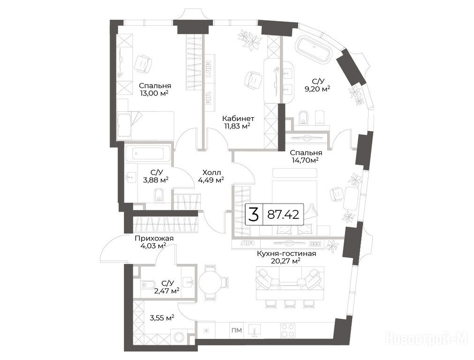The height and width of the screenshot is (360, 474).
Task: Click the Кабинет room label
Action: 238,119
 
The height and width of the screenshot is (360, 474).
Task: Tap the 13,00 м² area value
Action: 154,93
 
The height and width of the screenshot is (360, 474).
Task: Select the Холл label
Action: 211,172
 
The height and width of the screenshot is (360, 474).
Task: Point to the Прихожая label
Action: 154,239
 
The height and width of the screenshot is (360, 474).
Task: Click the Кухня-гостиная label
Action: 286,254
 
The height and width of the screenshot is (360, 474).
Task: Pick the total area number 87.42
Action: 284,215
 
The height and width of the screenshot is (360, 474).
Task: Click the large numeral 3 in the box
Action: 254,215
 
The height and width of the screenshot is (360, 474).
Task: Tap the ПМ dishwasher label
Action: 237,330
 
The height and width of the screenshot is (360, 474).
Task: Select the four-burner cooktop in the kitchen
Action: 288,330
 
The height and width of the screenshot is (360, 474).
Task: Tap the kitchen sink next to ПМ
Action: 256,330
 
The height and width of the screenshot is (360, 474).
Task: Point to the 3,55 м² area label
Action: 162,318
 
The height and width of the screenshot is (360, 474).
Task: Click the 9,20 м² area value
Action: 317,89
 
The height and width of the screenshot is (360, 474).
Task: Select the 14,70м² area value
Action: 305,160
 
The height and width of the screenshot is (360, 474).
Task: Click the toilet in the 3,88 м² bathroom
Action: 158,195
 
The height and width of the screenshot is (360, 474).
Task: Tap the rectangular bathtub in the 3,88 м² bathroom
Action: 149,154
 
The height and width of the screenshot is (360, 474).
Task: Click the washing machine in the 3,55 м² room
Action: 179,337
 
